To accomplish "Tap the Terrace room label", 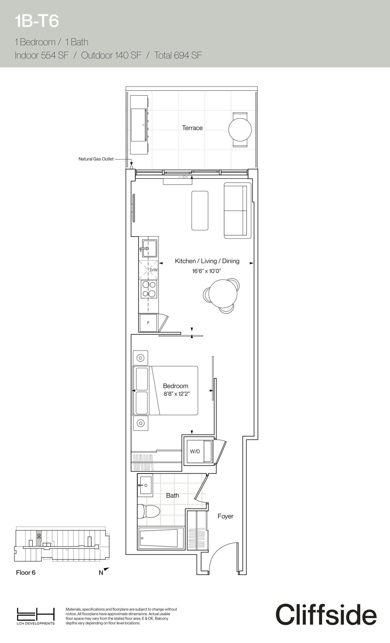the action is pos(192,128).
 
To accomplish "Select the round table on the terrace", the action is pos(240,129).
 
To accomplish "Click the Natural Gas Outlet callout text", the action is pos(96,159).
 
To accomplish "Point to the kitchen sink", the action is pos(148,248).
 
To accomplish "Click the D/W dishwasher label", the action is pos(154,270).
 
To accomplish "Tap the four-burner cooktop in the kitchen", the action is pos(149,289).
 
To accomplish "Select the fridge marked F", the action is pos(148,323).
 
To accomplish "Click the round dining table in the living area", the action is pos(223,294).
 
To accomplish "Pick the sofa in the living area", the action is pos(237,210).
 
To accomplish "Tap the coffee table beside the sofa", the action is pos(200,210).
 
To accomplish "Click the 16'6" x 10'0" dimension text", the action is pos(207,271).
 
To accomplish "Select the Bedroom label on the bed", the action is pos(175,386).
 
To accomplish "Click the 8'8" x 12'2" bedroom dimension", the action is pos(176,394).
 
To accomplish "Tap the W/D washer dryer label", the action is pos(195,451).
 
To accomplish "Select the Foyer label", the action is pos(226,516).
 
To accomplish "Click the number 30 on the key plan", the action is pos(39,536).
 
